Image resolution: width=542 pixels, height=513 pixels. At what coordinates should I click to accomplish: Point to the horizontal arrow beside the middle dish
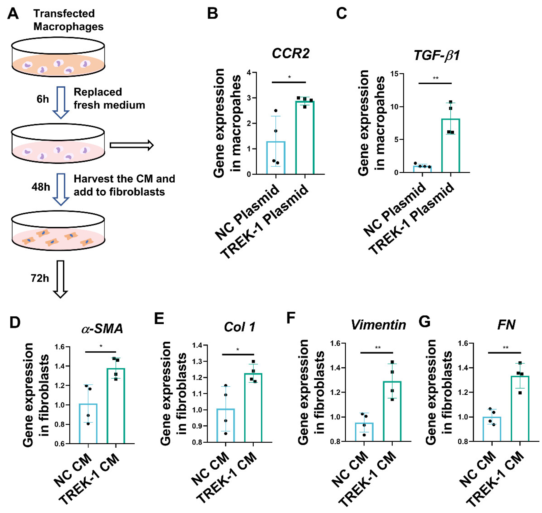point(131,145)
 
